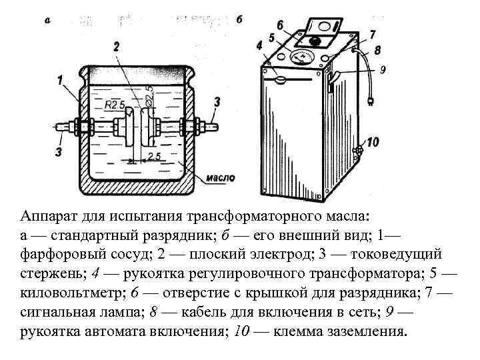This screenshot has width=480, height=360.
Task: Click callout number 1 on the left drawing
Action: pos(60,80)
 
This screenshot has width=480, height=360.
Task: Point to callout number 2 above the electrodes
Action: pos(116,46)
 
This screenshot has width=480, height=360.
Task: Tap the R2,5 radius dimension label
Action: pos(115,105)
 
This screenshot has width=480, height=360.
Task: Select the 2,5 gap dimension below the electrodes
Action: pos(154,156)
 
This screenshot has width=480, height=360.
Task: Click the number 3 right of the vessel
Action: pos(217,101)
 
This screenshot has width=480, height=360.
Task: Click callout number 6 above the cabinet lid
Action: pos(280,25)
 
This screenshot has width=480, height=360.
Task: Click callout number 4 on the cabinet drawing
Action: pos(259,45)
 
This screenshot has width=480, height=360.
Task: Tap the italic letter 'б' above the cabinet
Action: pos(239,19)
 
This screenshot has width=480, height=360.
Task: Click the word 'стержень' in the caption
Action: pos(47,273)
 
